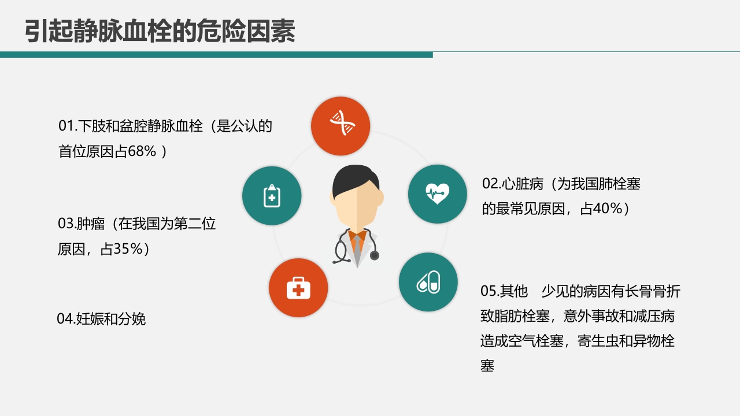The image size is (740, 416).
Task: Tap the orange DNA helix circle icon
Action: pyautogui.click(x=341, y=126)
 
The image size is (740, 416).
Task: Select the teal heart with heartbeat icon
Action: pyautogui.click(x=437, y=194)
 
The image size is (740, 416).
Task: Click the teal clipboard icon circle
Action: pyautogui.click(x=272, y=195)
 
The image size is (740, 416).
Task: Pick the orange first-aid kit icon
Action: pyautogui.click(x=298, y=288)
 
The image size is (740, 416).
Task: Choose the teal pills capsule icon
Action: pyautogui.click(x=428, y=282)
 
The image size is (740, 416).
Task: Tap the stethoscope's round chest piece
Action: pyautogui.click(x=374, y=255)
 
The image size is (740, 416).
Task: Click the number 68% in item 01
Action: pyautogui.click(x=142, y=151)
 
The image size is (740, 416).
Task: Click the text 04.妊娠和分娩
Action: pyautogui.click(x=101, y=318)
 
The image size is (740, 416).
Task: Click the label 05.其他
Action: pyautogui.click(x=504, y=291)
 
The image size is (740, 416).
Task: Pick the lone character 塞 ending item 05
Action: pyautogui.click(x=487, y=366)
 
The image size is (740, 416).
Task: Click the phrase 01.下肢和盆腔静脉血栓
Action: pyautogui.click(x=131, y=126)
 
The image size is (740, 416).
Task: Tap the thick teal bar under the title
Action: pyautogui.click(x=216, y=54)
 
